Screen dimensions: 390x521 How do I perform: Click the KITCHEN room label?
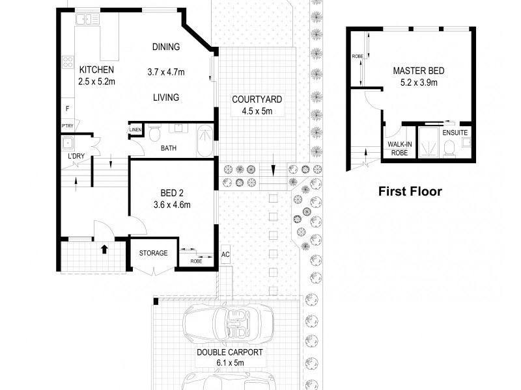96,70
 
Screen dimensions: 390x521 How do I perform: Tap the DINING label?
166,47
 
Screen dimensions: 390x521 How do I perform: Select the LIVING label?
166,97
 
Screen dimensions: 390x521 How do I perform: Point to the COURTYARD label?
257,99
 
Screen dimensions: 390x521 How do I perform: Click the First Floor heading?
410,192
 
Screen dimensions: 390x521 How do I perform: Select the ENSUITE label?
455,133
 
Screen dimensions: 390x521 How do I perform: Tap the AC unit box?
225,254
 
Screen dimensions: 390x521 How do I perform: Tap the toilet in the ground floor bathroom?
154,133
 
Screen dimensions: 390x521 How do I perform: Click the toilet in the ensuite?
449,149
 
